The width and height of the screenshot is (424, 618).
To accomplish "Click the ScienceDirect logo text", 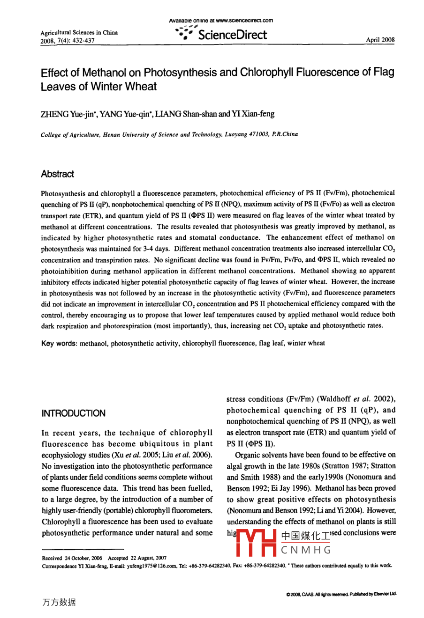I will click(232, 35).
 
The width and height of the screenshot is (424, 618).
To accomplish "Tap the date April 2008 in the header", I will click(380, 40).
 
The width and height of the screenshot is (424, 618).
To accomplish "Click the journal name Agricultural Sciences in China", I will click(79, 33).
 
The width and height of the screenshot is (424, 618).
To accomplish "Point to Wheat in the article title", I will click(141, 87).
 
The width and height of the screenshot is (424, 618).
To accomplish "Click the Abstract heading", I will click(57, 174).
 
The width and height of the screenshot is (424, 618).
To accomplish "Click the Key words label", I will click(59, 343).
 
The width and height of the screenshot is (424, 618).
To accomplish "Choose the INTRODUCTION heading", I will click(74, 413).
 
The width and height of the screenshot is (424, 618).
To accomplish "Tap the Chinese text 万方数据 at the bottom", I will click(59, 602).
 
